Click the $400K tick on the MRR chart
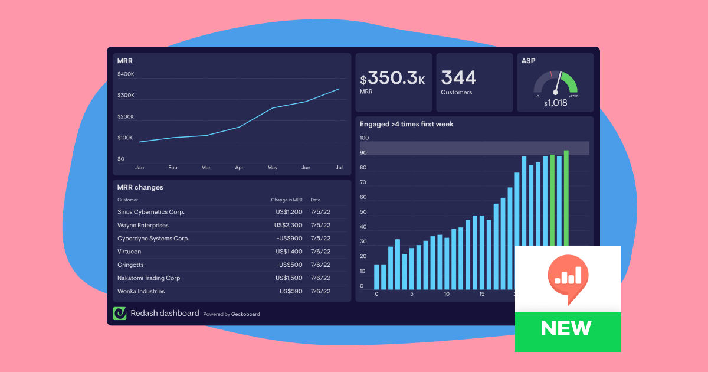[126, 74]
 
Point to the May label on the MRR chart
[273, 168]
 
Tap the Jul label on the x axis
[339, 168]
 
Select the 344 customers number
[458, 78]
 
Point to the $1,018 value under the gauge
[555, 103]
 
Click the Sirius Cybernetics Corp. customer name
[151, 212]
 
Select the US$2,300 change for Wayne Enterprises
[289, 225]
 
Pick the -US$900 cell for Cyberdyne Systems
[290, 239]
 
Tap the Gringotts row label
[130, 265]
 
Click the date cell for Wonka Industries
[320, 291]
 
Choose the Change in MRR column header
[287, 200]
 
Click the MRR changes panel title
[140, 187]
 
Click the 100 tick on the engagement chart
[364, 138]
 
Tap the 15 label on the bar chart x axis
[482, 294]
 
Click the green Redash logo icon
[120, 314]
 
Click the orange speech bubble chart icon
[568, 277]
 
